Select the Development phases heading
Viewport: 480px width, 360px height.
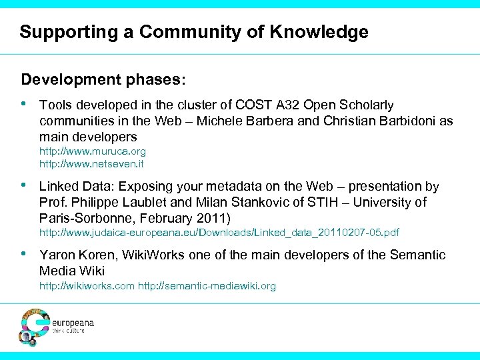pyautogui.click(x=103, y=80)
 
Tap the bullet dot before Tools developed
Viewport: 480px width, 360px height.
pyautogui.click(x=25, y=104)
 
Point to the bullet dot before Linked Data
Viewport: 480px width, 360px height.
pyautogui.click(x=25, y=185)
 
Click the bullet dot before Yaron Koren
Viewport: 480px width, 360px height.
pyautogui.click(x=25, y=254)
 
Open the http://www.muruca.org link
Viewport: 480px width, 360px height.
pyautogui.click(x=92, y=151)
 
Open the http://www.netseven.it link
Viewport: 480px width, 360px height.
pyautogui.click(x=91, y=163)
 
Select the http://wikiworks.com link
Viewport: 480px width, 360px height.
pyautogui.click(x=87, y=286)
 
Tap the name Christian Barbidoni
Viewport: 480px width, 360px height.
pyautogui.click(x=382, y=121)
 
